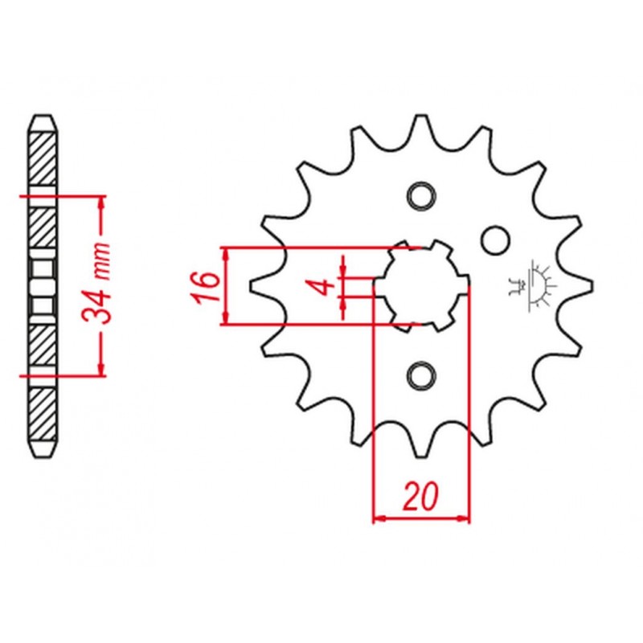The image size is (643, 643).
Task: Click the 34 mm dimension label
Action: [x=96, y=284]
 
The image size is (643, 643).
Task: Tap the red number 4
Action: [x=326, y=287]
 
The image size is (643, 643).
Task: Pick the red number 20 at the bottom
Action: [x=421, y=497]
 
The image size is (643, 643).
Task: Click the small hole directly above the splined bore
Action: [x=420, y=195]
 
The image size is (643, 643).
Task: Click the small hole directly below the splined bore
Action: [x=420, y=375]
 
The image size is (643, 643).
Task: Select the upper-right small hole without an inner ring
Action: [x=495, y=240]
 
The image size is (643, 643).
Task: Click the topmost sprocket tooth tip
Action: [x=420, y=116]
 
